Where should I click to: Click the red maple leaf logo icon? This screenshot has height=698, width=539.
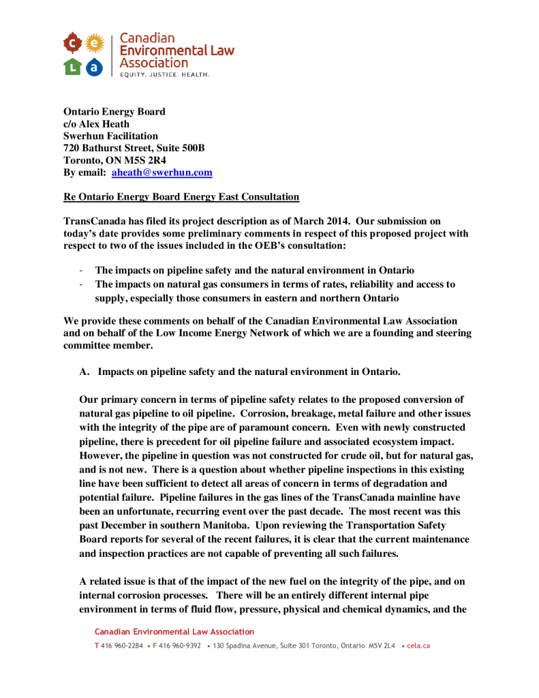point(72,44)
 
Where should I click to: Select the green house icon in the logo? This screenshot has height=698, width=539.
point(72,66)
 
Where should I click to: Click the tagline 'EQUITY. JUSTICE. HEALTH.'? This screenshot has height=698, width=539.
point(165,74)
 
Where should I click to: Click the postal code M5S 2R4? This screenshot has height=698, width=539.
point(154,161)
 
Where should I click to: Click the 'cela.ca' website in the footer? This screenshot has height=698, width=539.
point(418,645)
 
